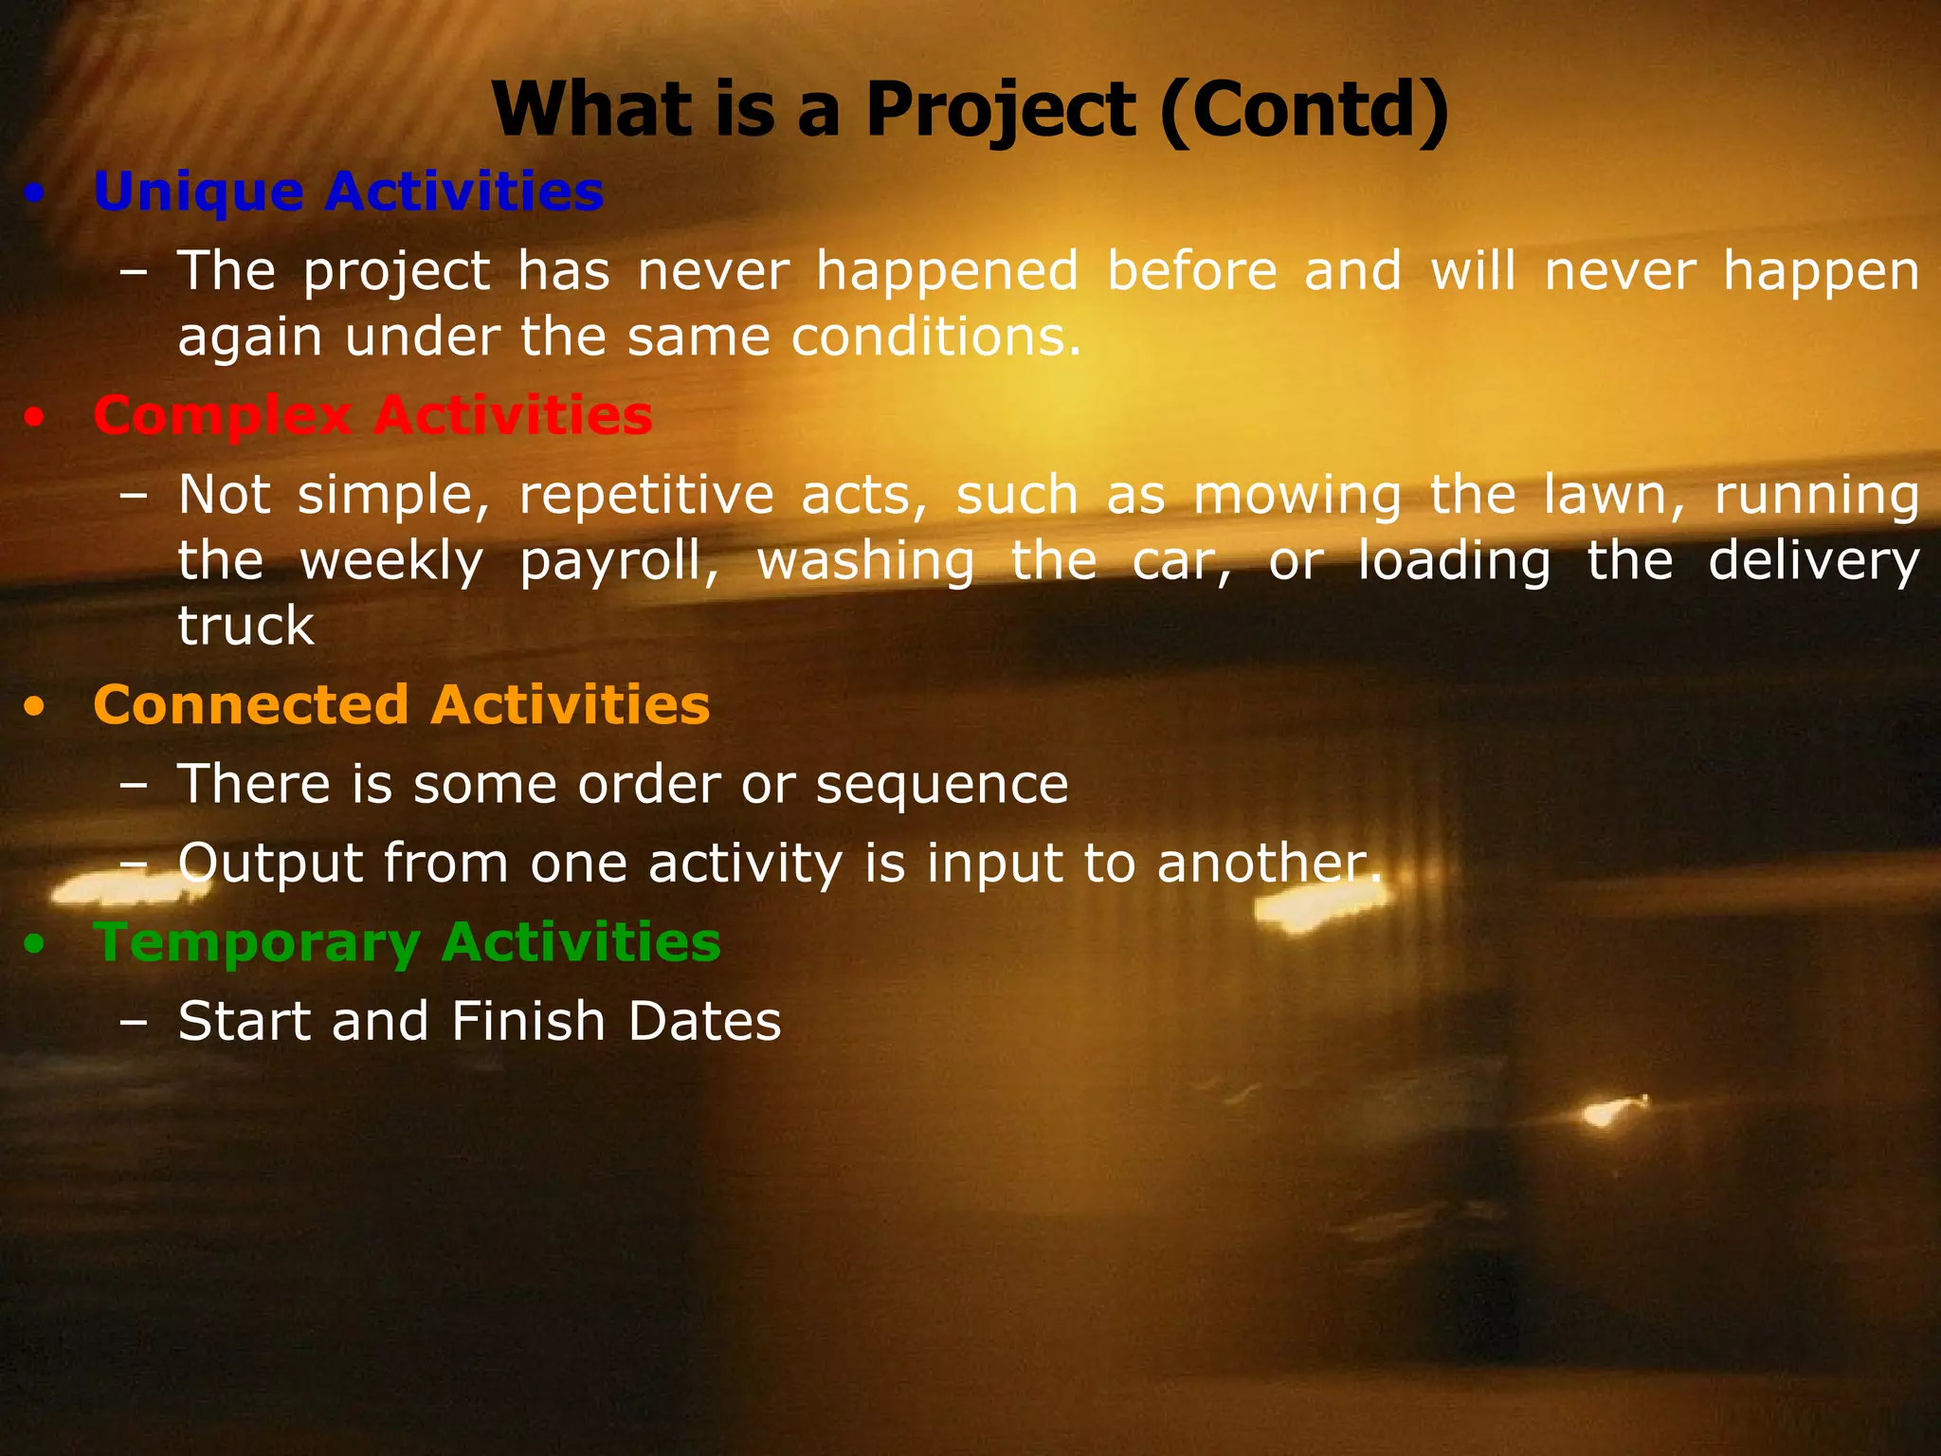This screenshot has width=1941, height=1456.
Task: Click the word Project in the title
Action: [1000, 110]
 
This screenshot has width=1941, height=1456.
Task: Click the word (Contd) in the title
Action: [1305, 110]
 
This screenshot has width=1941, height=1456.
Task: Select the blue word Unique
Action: [198, 192]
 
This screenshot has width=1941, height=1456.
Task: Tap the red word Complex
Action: [223, 417]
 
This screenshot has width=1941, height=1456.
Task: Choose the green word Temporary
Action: [256, 942]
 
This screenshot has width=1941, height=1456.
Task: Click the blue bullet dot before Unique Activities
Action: [35, 195]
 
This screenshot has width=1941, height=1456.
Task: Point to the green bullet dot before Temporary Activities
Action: [35, 945]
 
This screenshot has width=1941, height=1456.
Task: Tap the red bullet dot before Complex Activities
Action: [35, 419]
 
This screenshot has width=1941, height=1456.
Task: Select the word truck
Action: [245, 626]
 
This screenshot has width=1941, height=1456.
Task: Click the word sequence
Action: [941, 785]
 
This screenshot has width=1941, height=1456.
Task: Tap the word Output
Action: [271, 864]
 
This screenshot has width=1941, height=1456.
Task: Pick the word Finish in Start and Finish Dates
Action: [528, 1021]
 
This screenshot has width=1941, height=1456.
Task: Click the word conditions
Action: [935, 337]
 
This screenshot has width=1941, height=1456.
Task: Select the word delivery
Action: [1813, 562]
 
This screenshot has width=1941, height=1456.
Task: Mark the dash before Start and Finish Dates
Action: [134, 1023]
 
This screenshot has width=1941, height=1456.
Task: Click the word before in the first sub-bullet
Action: [1192, 271]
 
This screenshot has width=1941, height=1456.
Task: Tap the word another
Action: [1268, 864]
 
